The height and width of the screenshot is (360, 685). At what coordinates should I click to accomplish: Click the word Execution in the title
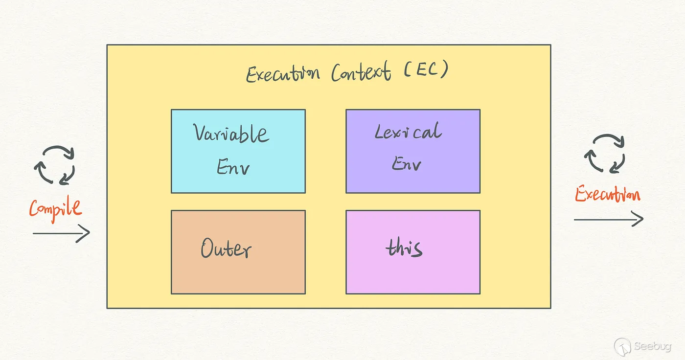tap(283, 74)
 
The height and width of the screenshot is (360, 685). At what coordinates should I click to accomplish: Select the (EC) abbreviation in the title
tap(426, 70)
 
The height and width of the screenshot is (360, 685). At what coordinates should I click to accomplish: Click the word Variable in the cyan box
tap(231, 134)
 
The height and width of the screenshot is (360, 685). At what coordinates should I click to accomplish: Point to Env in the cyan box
tap(233, 167)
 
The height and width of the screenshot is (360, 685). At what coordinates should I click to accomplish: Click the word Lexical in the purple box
tap(408, 132)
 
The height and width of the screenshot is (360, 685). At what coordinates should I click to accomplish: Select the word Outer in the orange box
tap(226, 249)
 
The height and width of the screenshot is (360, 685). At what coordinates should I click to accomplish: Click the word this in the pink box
tap(404, 248)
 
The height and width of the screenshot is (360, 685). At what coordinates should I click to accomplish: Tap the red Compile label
tap(55, 209)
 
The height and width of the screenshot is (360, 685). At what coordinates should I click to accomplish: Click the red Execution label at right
tap(607, 195)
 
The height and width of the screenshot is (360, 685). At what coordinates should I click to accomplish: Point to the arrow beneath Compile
tap(61, 233)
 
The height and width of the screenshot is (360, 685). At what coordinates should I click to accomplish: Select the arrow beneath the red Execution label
tap(608, 220)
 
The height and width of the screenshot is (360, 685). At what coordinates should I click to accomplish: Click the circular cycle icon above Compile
tap(54, 165)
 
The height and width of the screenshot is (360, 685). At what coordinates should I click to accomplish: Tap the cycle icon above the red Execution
tap(605, 154)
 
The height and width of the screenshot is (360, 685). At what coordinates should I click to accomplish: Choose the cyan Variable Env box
tap(238, 151)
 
